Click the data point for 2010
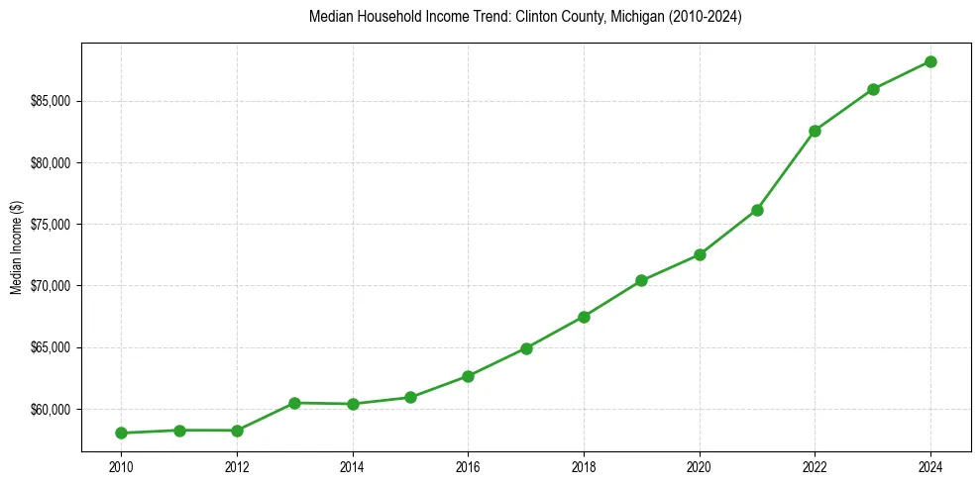click(121, 433)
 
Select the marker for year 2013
click(295, 403)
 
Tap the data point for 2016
click(468, 376)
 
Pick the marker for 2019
click(641, 280)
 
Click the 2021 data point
click(757, 210)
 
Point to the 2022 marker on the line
click(815, 131)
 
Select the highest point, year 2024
click(930, 61)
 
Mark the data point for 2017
click(526, 348)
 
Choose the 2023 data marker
click(873, 89)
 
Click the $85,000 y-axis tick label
click(50, 101)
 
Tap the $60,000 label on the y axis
click(50, 409)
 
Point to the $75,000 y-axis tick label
click(50, 225)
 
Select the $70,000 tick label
click(50, 286)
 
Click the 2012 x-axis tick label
click(237, 467)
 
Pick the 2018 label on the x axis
click(584, 467)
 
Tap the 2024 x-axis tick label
click(930, 467)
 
